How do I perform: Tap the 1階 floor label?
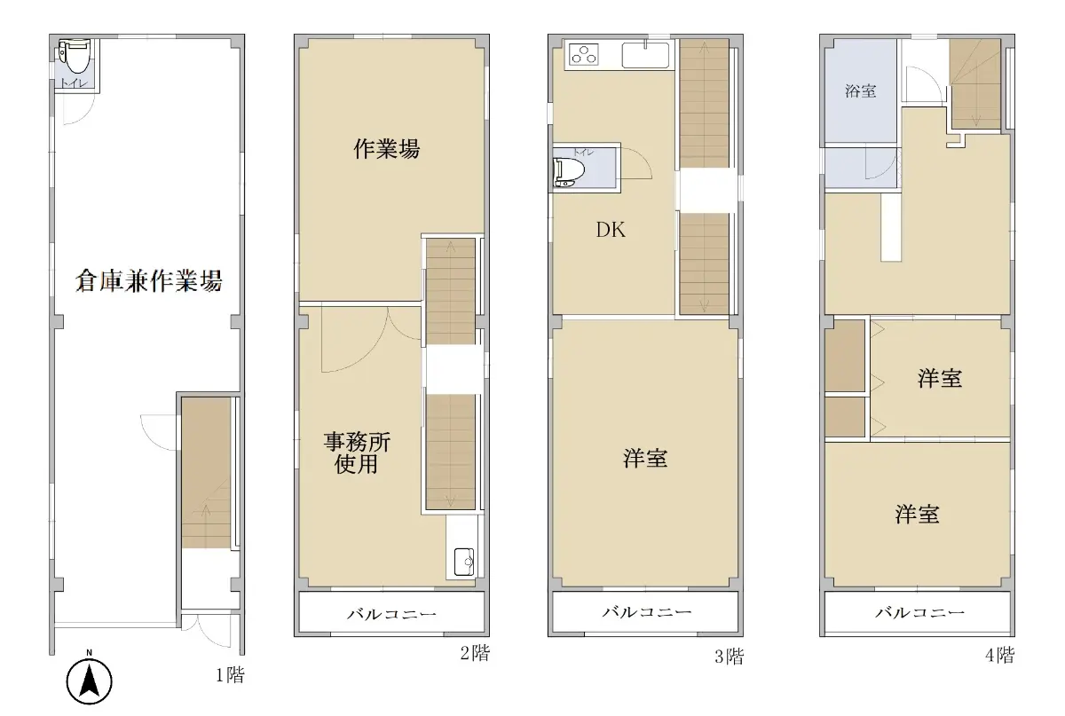(x=230, y=674)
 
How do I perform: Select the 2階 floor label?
(x=475, y=653)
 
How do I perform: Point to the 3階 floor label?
(x=729, y=657)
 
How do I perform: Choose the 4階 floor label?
(x=999, y=655)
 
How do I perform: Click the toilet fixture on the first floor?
(x=75, y=56)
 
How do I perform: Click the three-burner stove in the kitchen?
(x=584, y=54)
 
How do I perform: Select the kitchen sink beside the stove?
(x=646, y=55)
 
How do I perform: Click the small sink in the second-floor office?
(x=463, y=562)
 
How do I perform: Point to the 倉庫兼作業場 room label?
(x=149, y=280)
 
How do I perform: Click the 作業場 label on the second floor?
(x=387, y=149)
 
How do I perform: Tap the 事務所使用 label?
(x=357, y=452)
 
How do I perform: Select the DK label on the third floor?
(x=611, y=230)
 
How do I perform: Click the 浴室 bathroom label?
(x=861, y=90)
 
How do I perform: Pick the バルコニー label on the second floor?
(x=391, y=614)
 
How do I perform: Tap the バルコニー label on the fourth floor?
(x=920, y=612)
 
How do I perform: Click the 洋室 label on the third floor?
(x=645, y=459)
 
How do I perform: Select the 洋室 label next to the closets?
(x=940, y=379)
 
